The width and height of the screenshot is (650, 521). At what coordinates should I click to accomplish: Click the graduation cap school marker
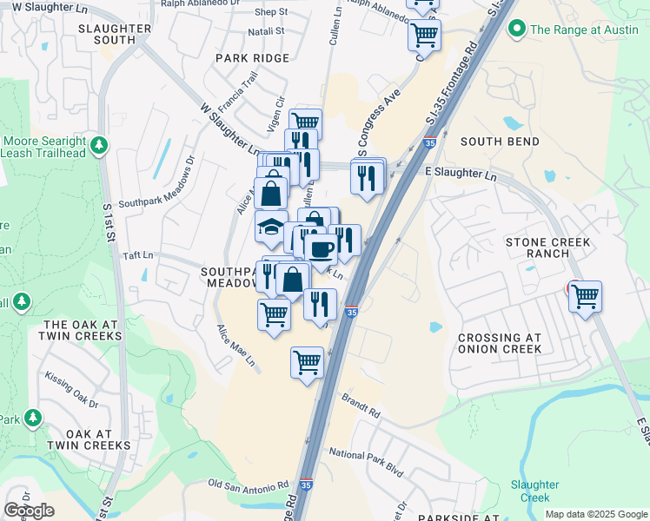point(271,228)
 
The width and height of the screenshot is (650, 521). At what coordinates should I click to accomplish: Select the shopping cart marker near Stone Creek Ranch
point(585,298)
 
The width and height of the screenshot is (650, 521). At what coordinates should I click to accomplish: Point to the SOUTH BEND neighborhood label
point(494,142)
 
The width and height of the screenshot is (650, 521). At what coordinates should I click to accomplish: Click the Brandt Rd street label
point(362,406)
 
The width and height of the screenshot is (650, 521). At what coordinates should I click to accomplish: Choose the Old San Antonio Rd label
point(249,484)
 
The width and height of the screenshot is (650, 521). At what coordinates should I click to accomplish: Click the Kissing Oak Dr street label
point(72,390)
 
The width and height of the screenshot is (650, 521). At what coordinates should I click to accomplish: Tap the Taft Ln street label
point(137,256)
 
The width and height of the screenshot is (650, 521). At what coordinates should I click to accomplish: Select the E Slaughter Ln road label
point(461,175)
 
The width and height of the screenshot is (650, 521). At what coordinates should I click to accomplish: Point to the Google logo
point(29,511)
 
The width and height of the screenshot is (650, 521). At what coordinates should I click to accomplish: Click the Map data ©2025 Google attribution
point(596,514)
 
